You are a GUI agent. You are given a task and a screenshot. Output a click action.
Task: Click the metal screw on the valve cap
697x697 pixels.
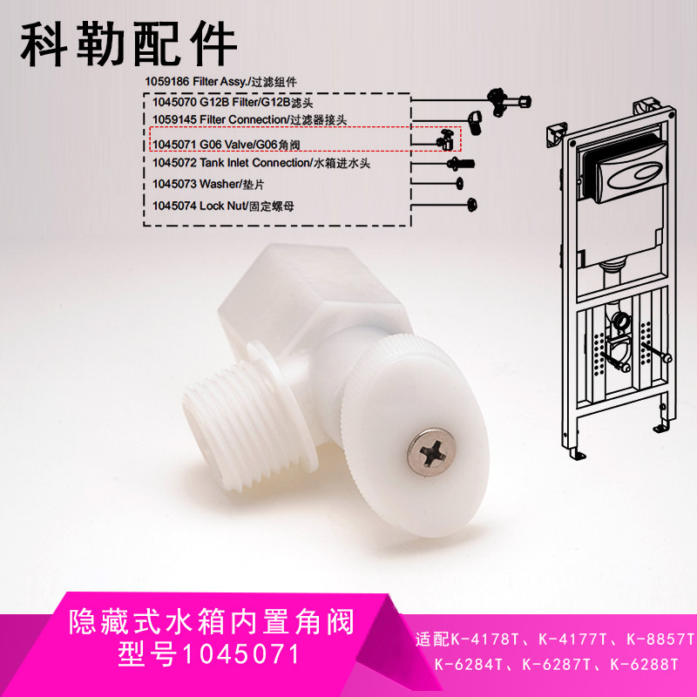pos(429,454)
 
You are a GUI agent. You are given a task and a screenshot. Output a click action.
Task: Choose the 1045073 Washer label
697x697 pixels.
pos(195,184)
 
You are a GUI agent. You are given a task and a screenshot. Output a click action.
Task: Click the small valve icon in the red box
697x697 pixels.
pos(444,139)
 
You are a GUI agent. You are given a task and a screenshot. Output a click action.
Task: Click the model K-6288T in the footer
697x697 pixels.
pos(644,665)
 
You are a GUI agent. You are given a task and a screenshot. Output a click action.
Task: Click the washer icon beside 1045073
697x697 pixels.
pos(459,183)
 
